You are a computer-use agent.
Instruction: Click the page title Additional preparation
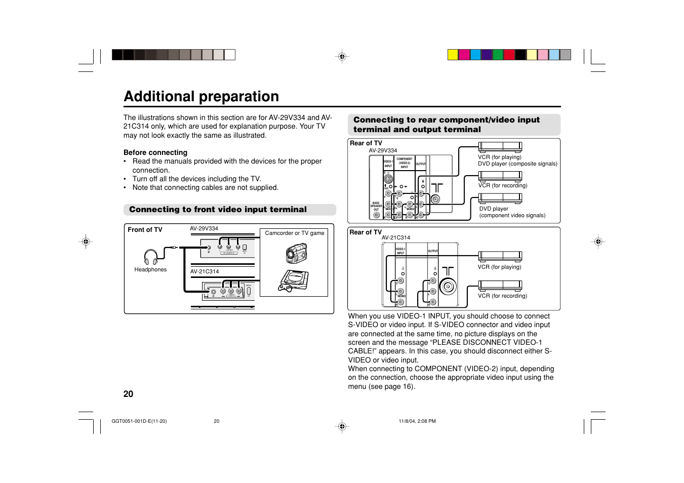coord(201,96)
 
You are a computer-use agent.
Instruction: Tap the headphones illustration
coord(151,257)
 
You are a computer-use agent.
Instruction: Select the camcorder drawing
coord(296,253)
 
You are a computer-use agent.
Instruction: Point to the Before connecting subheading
coord(155,152)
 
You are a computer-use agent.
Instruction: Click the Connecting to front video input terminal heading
coord(218,210)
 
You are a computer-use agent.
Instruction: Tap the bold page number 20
coord(129,394)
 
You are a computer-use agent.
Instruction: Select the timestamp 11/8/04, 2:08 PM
coord(417,421)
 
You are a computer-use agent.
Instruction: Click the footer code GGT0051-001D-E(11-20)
coord(139,421)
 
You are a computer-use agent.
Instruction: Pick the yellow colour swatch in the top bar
coord(453,55)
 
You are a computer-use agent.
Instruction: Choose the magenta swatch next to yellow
coord(464,55)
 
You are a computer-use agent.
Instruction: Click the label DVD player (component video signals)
coord(512,212)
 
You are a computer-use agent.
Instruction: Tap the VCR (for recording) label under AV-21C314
coord(502,296)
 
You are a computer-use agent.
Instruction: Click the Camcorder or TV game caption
coord(295,233)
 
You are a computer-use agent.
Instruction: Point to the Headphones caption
coord(150,269)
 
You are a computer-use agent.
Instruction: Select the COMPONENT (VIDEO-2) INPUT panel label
coord(404,163)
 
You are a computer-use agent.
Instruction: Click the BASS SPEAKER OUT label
coord(376,206)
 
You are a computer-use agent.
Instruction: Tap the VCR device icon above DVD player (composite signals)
coord(500,147)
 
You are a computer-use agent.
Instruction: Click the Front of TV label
coord(145,230)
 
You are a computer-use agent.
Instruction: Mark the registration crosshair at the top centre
coord(342,57)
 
